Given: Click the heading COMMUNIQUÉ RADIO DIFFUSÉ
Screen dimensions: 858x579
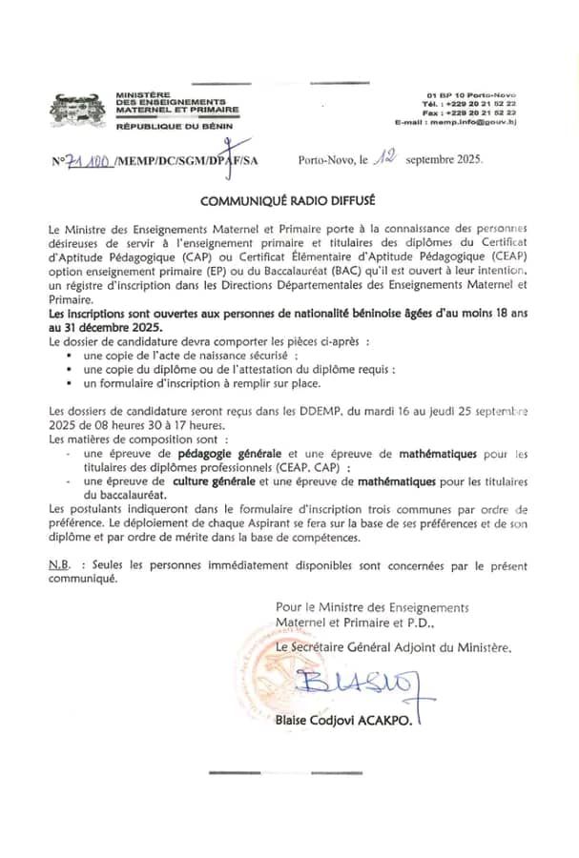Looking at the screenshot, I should click(288, 201).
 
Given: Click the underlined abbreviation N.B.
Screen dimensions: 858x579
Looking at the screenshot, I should click(61, 565).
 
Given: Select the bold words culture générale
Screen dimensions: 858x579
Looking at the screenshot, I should click(194, 483).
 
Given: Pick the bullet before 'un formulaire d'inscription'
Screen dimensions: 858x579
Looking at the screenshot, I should click(71, 383).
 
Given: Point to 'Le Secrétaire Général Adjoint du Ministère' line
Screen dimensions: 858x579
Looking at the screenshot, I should click(393, 647).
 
